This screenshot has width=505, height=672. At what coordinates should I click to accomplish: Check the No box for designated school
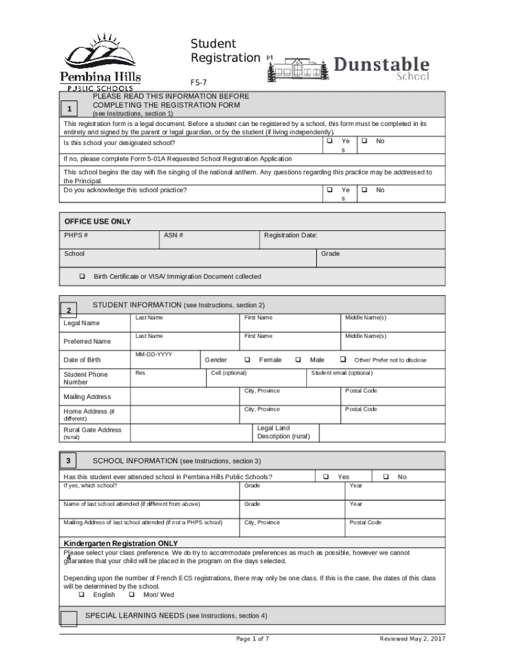[x=365, y=141]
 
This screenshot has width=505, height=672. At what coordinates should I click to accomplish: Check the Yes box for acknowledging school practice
[x=330, y=190]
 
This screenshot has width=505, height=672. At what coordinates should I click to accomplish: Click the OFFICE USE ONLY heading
[x=97, y=222]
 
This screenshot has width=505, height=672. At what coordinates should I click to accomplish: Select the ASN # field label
[x=173, y=235]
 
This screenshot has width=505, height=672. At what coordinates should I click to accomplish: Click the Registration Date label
[x=291, y=235]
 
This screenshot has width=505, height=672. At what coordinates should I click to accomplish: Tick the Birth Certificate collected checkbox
[x=83, y=276]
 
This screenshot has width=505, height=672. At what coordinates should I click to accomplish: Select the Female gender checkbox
[x=248, y=360]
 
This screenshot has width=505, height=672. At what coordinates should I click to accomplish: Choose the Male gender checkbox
[x=298, y=360]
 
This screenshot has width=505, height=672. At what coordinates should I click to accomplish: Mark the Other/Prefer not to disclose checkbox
[x=343, y=360]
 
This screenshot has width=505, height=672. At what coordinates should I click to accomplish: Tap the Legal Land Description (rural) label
[x=283, y=432]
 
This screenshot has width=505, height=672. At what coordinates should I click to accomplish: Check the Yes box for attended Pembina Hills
[x=326, y=476]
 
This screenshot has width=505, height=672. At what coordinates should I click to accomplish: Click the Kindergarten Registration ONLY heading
[x=121, y=543]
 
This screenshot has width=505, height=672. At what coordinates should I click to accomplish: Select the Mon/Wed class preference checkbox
[x=131, y=595]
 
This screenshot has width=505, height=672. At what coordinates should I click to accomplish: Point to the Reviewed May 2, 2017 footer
[x=412, y=639]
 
